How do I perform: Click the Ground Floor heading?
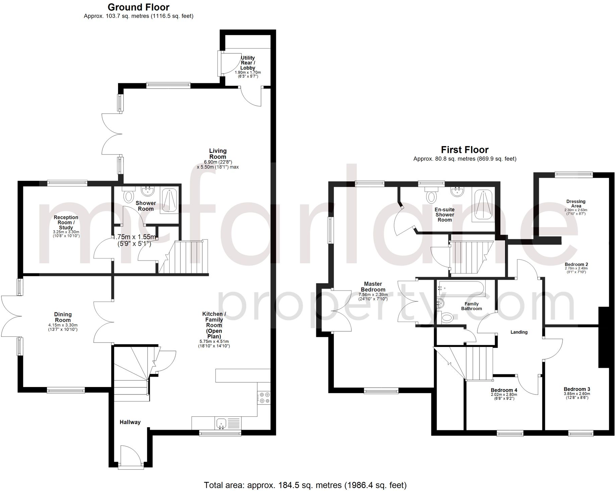139,7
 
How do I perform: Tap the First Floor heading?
465,150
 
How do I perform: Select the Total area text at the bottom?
305,485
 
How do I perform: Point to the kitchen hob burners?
263,398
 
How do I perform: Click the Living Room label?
218,154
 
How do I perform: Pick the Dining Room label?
63,317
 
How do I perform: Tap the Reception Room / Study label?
66,222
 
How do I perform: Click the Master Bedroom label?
373,287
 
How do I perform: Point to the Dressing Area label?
576,203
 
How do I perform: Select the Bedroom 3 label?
577,389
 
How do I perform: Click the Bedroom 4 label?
504,390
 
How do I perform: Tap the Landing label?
519,332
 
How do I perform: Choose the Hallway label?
130,422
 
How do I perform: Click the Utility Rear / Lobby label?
248,63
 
